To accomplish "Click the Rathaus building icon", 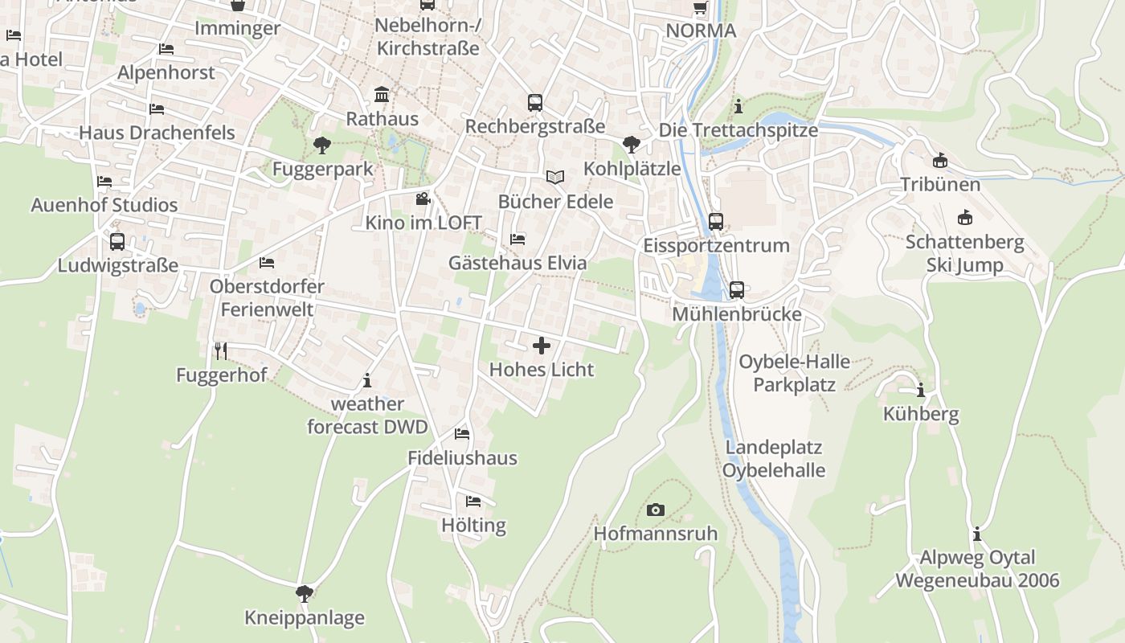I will point(382,95).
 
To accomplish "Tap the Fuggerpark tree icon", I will point(322,145).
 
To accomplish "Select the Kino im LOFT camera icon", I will point(423,199).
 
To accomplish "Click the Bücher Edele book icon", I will point(554,177).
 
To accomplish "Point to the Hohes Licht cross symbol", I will point(542,346).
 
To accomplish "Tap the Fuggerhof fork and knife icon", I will point(221,350).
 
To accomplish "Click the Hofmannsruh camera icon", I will point(655,510).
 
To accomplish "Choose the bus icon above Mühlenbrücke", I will point(737,290).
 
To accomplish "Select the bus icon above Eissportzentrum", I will point(716,221).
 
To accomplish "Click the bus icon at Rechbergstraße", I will point(535,103).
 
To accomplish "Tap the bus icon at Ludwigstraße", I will point(117,241).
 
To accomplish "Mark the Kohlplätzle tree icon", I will point(632,145).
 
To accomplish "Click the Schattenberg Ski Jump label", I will point(964,253).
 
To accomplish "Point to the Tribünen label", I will point(940,184).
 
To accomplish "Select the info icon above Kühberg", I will point(921,391).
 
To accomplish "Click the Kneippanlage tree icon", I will point(304,594).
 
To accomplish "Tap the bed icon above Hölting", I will point(473,502).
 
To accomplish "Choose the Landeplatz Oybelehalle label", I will point(774,458).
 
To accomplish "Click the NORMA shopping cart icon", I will point(700,7).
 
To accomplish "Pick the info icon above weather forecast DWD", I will point(367,379).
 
